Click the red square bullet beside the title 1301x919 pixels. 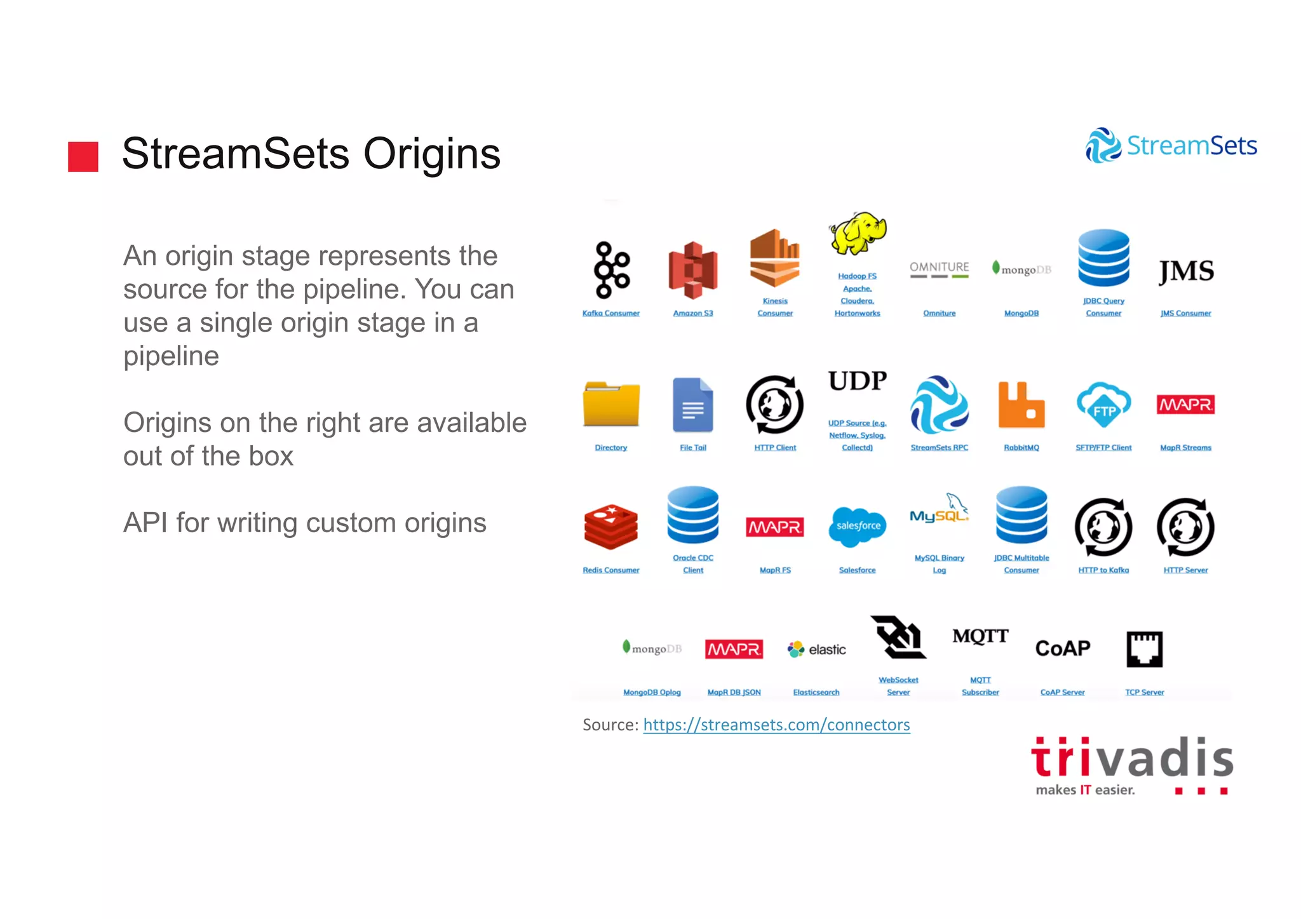coord(83,156)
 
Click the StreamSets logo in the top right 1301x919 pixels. coord(1171,145)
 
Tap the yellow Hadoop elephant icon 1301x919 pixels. coord(858,234)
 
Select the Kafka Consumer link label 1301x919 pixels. coord(611,313)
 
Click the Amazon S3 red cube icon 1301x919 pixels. coord(693,270)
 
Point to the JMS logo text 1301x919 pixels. coord(1186,272)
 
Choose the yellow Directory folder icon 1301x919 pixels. coord(611,404)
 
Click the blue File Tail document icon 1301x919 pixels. coord(693,405)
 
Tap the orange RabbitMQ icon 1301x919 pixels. coord(1021,405)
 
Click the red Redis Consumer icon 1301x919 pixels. coord(611,527)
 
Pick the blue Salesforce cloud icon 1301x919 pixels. coord(858,527)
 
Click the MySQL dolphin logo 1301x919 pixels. coord(940,510)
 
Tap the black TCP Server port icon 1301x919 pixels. coord(1145,649)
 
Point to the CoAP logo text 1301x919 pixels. coord(1063,648)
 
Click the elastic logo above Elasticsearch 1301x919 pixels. coord(817,649)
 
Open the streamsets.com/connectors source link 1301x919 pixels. coord(776,725)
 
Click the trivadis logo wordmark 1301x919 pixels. coord(1132,760)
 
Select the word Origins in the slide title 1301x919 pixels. coord(432,154)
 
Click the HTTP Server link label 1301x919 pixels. coord(1185,570)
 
